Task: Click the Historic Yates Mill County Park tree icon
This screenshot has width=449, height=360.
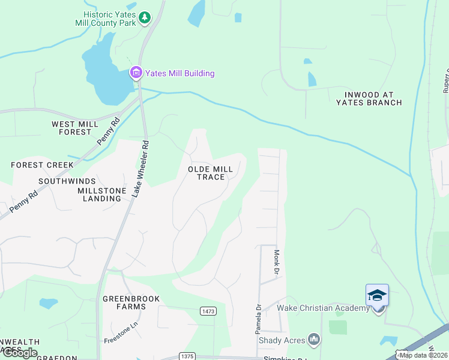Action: (144, 18)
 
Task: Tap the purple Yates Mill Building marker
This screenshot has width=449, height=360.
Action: (136, 74)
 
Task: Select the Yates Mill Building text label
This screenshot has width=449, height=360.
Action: (179, 74)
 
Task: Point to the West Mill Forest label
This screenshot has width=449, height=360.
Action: (75, 128)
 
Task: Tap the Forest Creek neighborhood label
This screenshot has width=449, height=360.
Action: (38, 164)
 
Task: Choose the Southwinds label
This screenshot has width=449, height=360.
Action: (67, 181)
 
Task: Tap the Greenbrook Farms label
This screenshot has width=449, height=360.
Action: (124, 302)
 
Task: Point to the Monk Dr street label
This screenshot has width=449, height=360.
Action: (277, 262)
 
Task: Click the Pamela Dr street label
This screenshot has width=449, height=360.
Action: (258, 319)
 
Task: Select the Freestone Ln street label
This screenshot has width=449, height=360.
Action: (121, 332)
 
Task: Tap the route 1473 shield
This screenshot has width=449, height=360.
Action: (208, 310)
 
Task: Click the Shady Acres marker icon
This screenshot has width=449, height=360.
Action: (313, 340)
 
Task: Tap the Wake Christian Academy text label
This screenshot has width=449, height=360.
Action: (323, 308)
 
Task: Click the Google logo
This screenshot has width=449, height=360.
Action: (20, 353)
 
